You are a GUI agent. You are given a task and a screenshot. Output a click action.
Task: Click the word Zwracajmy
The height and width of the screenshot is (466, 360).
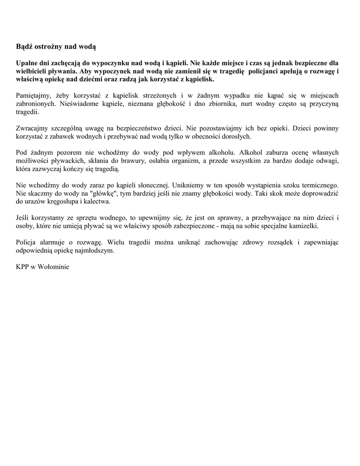click(32, 128)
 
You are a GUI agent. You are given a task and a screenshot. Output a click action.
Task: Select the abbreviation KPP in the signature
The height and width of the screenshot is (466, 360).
click(23, 267)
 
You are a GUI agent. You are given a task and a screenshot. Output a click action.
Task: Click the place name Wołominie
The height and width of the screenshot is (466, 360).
click(54, 267)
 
